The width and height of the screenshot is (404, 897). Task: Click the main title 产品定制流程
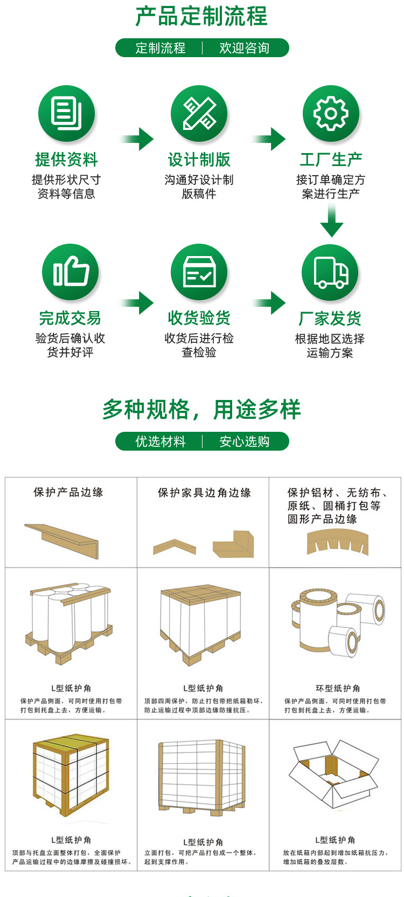[x=201, y=16]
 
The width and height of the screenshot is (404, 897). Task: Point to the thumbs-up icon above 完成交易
[x=71, y=271]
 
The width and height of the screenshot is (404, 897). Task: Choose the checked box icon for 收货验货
[x=199, y=271]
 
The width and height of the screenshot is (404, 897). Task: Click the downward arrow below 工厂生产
[x=331, y=221]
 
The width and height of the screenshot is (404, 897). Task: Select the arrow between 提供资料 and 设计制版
[x=138, y=139]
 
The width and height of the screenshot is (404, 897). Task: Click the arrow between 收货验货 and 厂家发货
[x=269, y=302]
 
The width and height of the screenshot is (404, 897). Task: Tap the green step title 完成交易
[x=70, y=318]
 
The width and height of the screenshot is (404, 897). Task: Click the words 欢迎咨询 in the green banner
[x=244, y=48]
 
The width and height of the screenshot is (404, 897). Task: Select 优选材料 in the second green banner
[x=160, y=441]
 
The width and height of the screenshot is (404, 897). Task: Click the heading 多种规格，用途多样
[x=201, y=410]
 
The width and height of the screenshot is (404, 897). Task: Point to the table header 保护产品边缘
[x=68, y=492]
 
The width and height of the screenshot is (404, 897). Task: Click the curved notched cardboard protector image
[x=338, y=541]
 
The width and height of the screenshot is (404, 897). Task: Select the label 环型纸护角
[x=338, y=688]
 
